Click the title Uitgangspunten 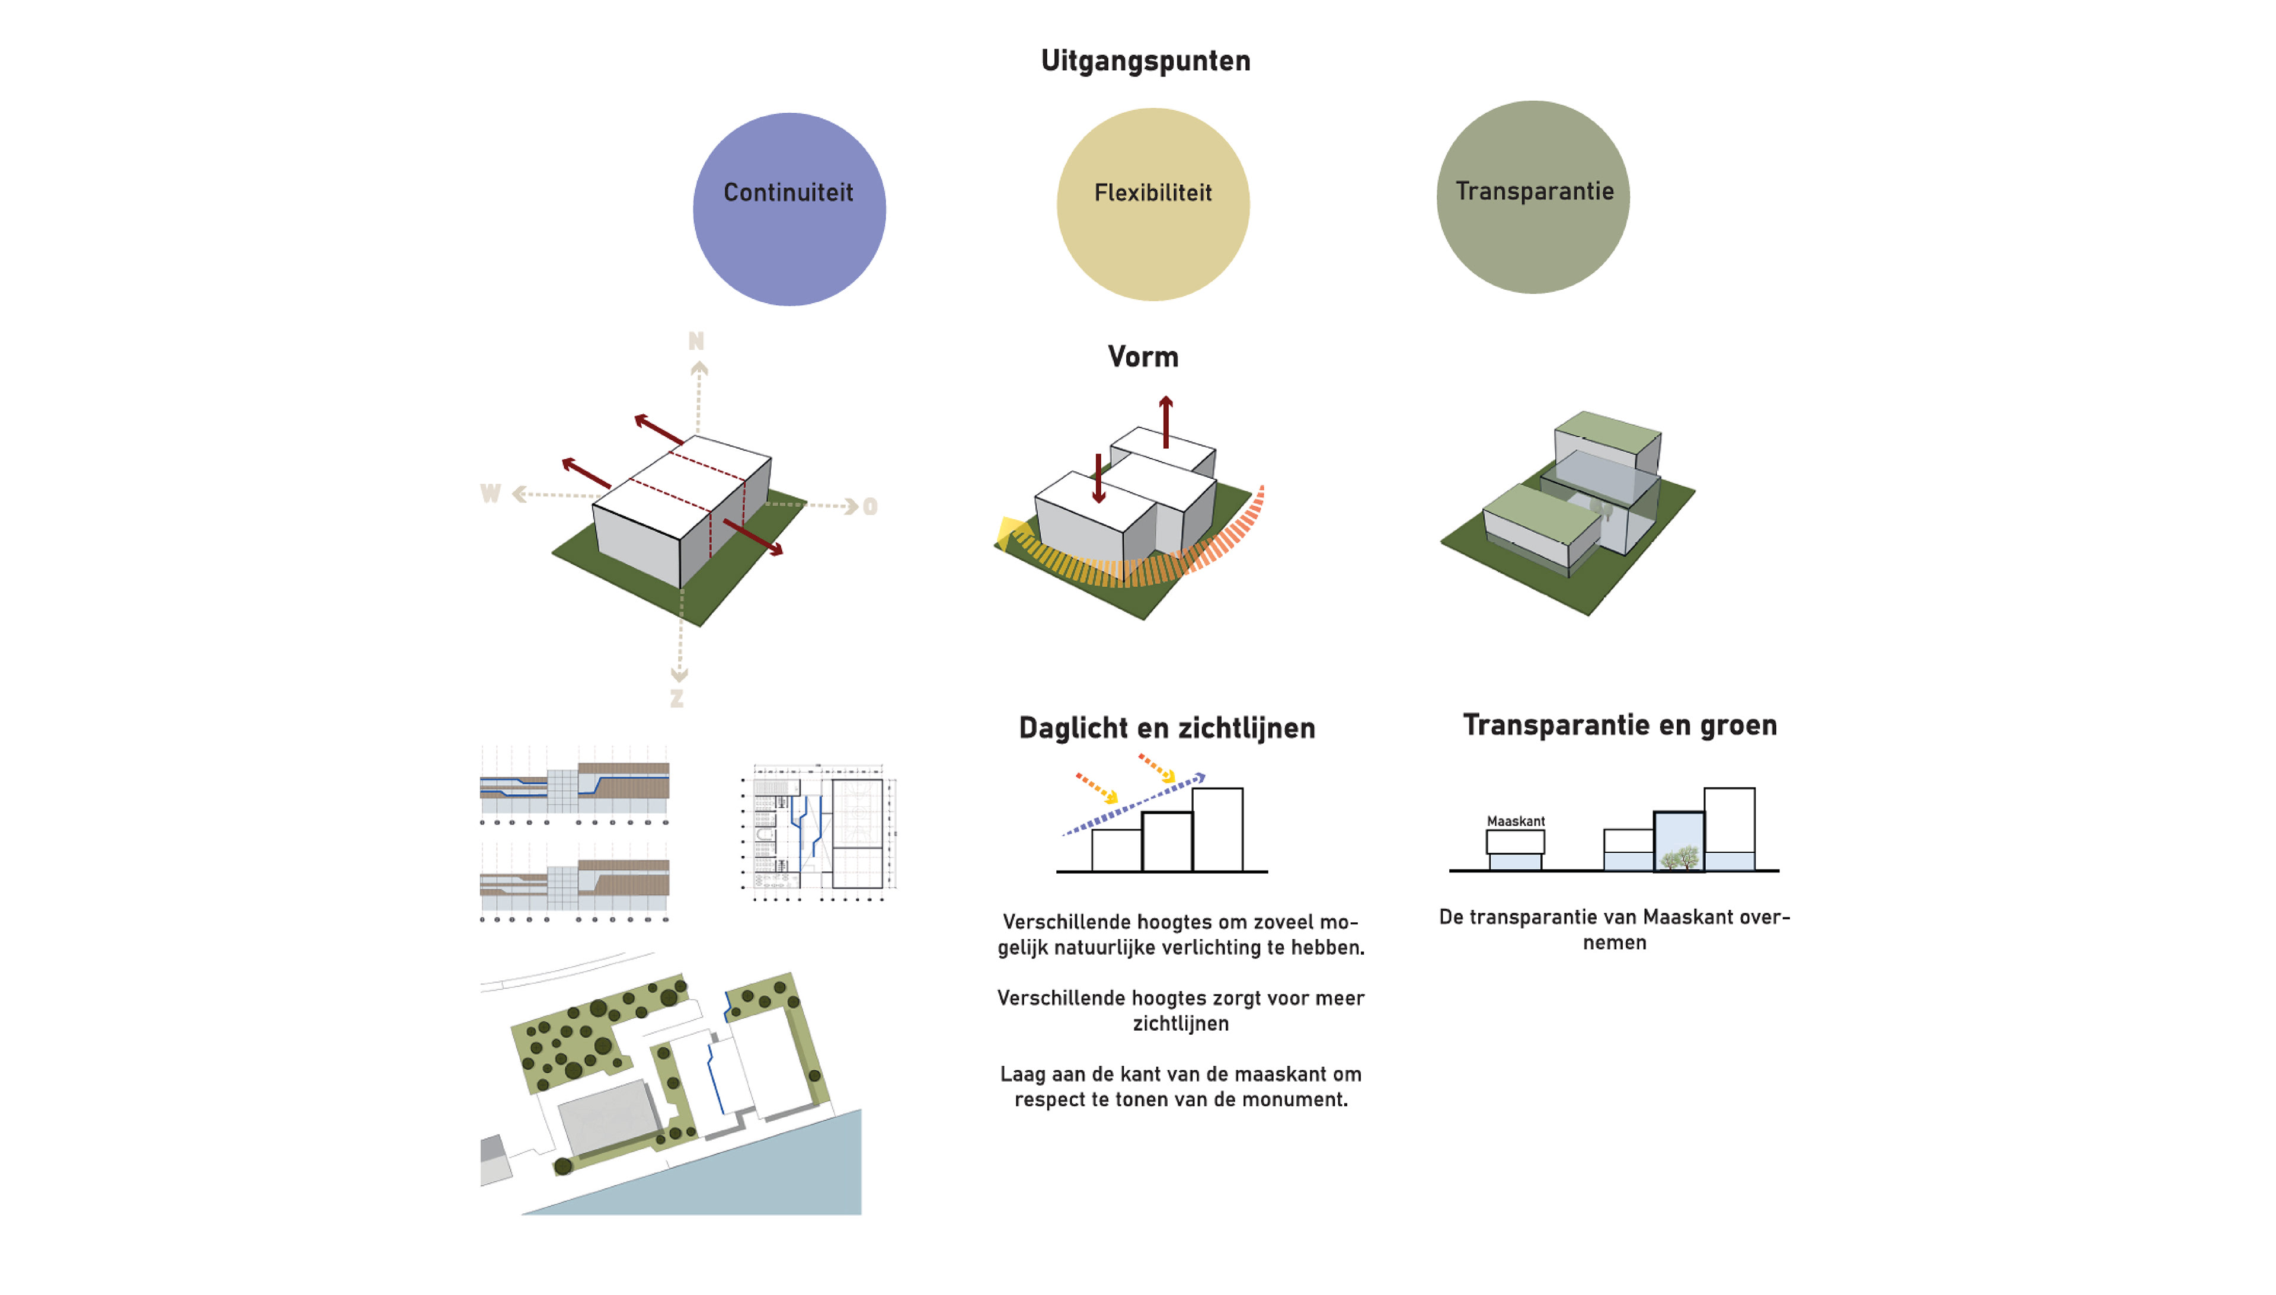pyautogui.click(x=1145, y=60)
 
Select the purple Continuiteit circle pyautogui.click(x=789, y=210)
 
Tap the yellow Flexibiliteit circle pyautogui.click(x=1153, y=204)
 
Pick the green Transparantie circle pyautogui.click(x=1533, y=197)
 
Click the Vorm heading pyautogui.click(x=1143, y=357)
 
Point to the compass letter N pyautogui.click(x=695, y=341)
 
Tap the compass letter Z pyautogui.click(x=677, y=699)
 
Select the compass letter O pyautogui.click(x=870, y=507)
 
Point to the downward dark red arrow pyautogui.click(x=1098, y=478)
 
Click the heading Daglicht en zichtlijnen pyautogui.click(x=1166, y=728)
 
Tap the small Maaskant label pyautogui.click(x=1514, y=821)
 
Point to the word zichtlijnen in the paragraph pyautogui.click(x=1180, y=1023)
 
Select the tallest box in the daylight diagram pyautogui.click(x=1217, y=829)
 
